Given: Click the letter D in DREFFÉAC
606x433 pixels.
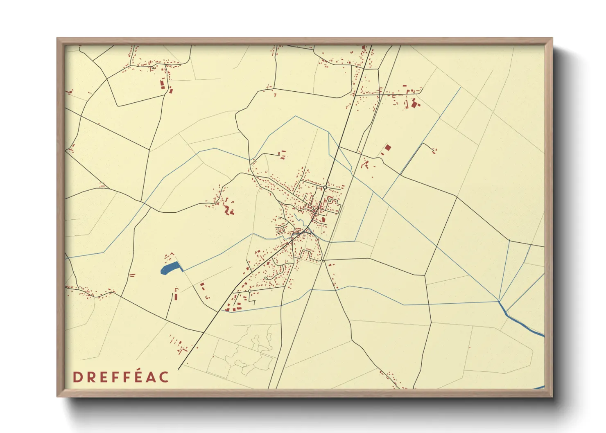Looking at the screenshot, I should click(x=76, y=377).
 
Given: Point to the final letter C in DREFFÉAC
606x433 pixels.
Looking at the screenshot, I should click(x=164, y=377).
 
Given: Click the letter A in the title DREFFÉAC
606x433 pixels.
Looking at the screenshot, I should click(x=151, y=377).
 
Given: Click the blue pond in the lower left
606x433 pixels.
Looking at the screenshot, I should click(x=170, y=268).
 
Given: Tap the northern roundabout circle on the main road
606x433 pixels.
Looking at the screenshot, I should click(x=325, y=187).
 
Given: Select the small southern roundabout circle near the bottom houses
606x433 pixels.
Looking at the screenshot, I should click(x=249, y=291).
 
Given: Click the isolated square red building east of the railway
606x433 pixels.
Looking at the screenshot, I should click(x=388, y=147).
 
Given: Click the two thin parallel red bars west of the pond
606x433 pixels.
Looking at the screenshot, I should click(x=132, y=275).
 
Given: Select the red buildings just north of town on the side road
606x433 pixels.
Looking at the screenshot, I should click(x=282, y=155).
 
